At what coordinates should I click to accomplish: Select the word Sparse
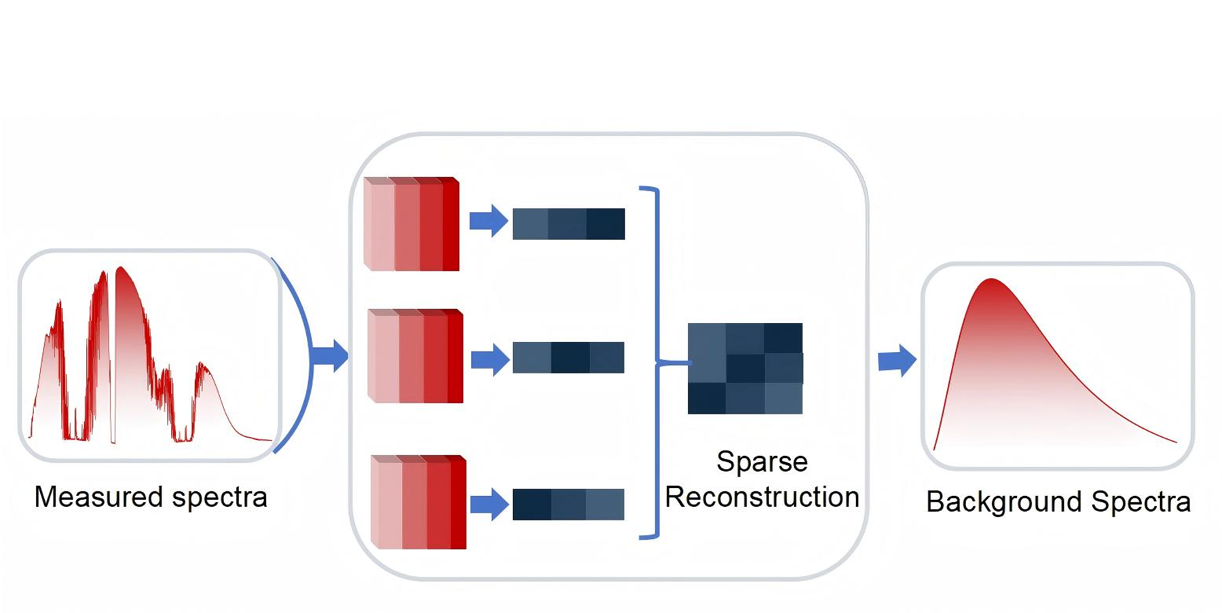click(762, 462)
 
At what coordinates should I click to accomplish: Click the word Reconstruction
click(762, 497)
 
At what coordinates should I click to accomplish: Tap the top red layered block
click(411, 224)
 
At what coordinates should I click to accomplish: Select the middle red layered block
click(415, 356)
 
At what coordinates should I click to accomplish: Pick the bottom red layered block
click(419, 502)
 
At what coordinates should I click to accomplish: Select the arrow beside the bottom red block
click(489, 504)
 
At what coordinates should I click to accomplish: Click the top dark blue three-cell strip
click(569, 224)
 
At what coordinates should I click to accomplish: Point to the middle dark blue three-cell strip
click(569, 357)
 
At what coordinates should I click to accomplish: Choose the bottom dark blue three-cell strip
click(569, 504)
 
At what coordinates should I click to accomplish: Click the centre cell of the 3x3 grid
click(745, 368)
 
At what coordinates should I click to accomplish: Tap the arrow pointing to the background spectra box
click(897, 360)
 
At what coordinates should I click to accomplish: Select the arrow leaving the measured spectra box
click(331, 355)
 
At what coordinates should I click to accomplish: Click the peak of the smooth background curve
click(991, 279)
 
